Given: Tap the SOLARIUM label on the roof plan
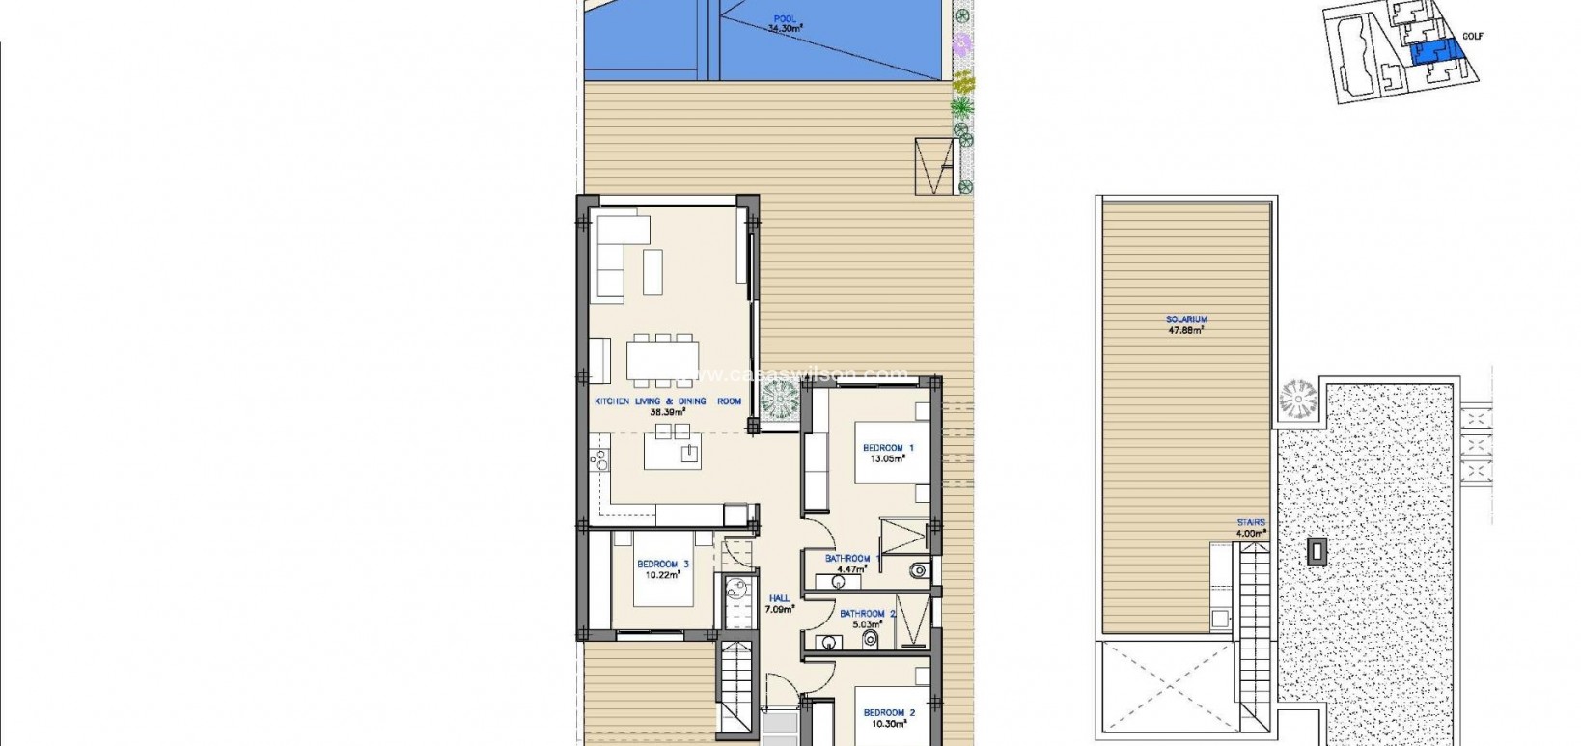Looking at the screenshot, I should coord(1186,319).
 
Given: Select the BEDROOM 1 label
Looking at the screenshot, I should coord(888,448).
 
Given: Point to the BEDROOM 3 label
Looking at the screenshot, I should coord(662,565).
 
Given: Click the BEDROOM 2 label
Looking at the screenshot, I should coord(888,713).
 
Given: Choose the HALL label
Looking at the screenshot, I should coord(779,598).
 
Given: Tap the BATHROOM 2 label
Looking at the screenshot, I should coord(868,614).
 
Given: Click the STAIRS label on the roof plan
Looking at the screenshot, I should coord(1251,523).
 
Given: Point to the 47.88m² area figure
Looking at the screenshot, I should coord(1186,330).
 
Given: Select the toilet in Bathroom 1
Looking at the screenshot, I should coord(917,570).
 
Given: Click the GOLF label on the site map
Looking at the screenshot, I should coord(1472,37).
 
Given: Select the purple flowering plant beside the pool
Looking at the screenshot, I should coord(961,43).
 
